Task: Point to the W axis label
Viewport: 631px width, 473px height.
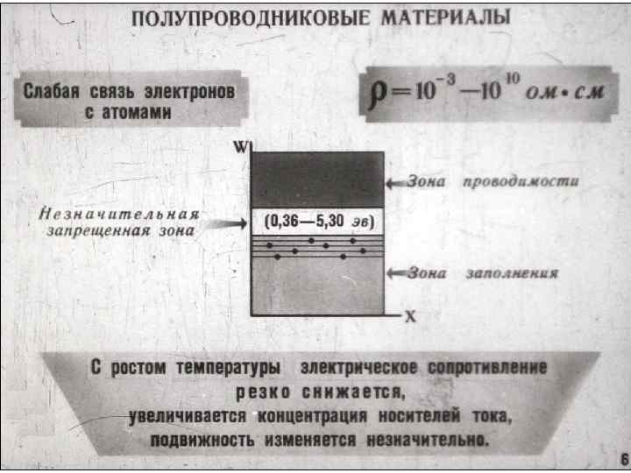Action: coord(241,146)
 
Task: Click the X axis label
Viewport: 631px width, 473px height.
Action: coord(409,317)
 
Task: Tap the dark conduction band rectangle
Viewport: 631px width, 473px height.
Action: coord(317,179)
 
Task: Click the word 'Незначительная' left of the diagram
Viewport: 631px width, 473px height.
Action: coord(119,214)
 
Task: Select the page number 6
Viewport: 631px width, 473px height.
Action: coord(613,456)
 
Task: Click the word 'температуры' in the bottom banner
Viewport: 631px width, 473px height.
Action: coord(223,368)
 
